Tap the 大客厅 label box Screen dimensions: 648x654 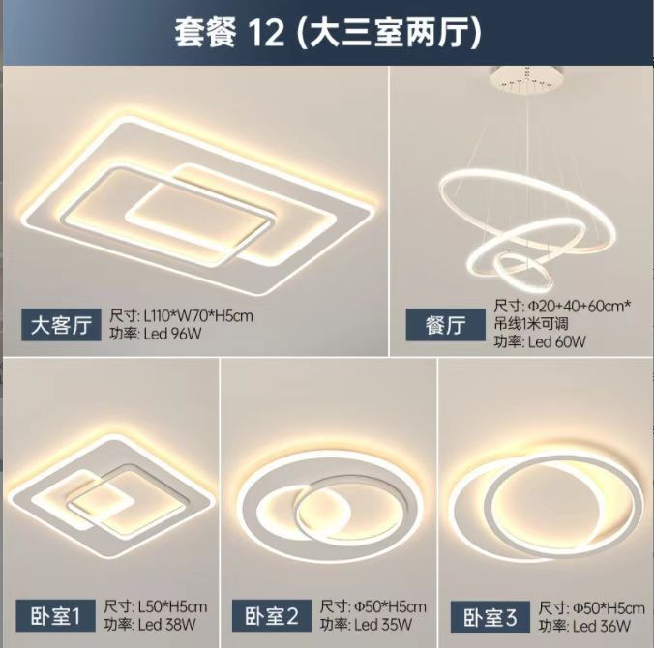click(60, 324)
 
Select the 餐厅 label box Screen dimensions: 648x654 click(444, 325)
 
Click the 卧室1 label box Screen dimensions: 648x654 click(54, 613)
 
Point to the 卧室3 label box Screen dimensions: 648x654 click(484, 615)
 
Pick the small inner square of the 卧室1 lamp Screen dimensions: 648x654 click(100, 501)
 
